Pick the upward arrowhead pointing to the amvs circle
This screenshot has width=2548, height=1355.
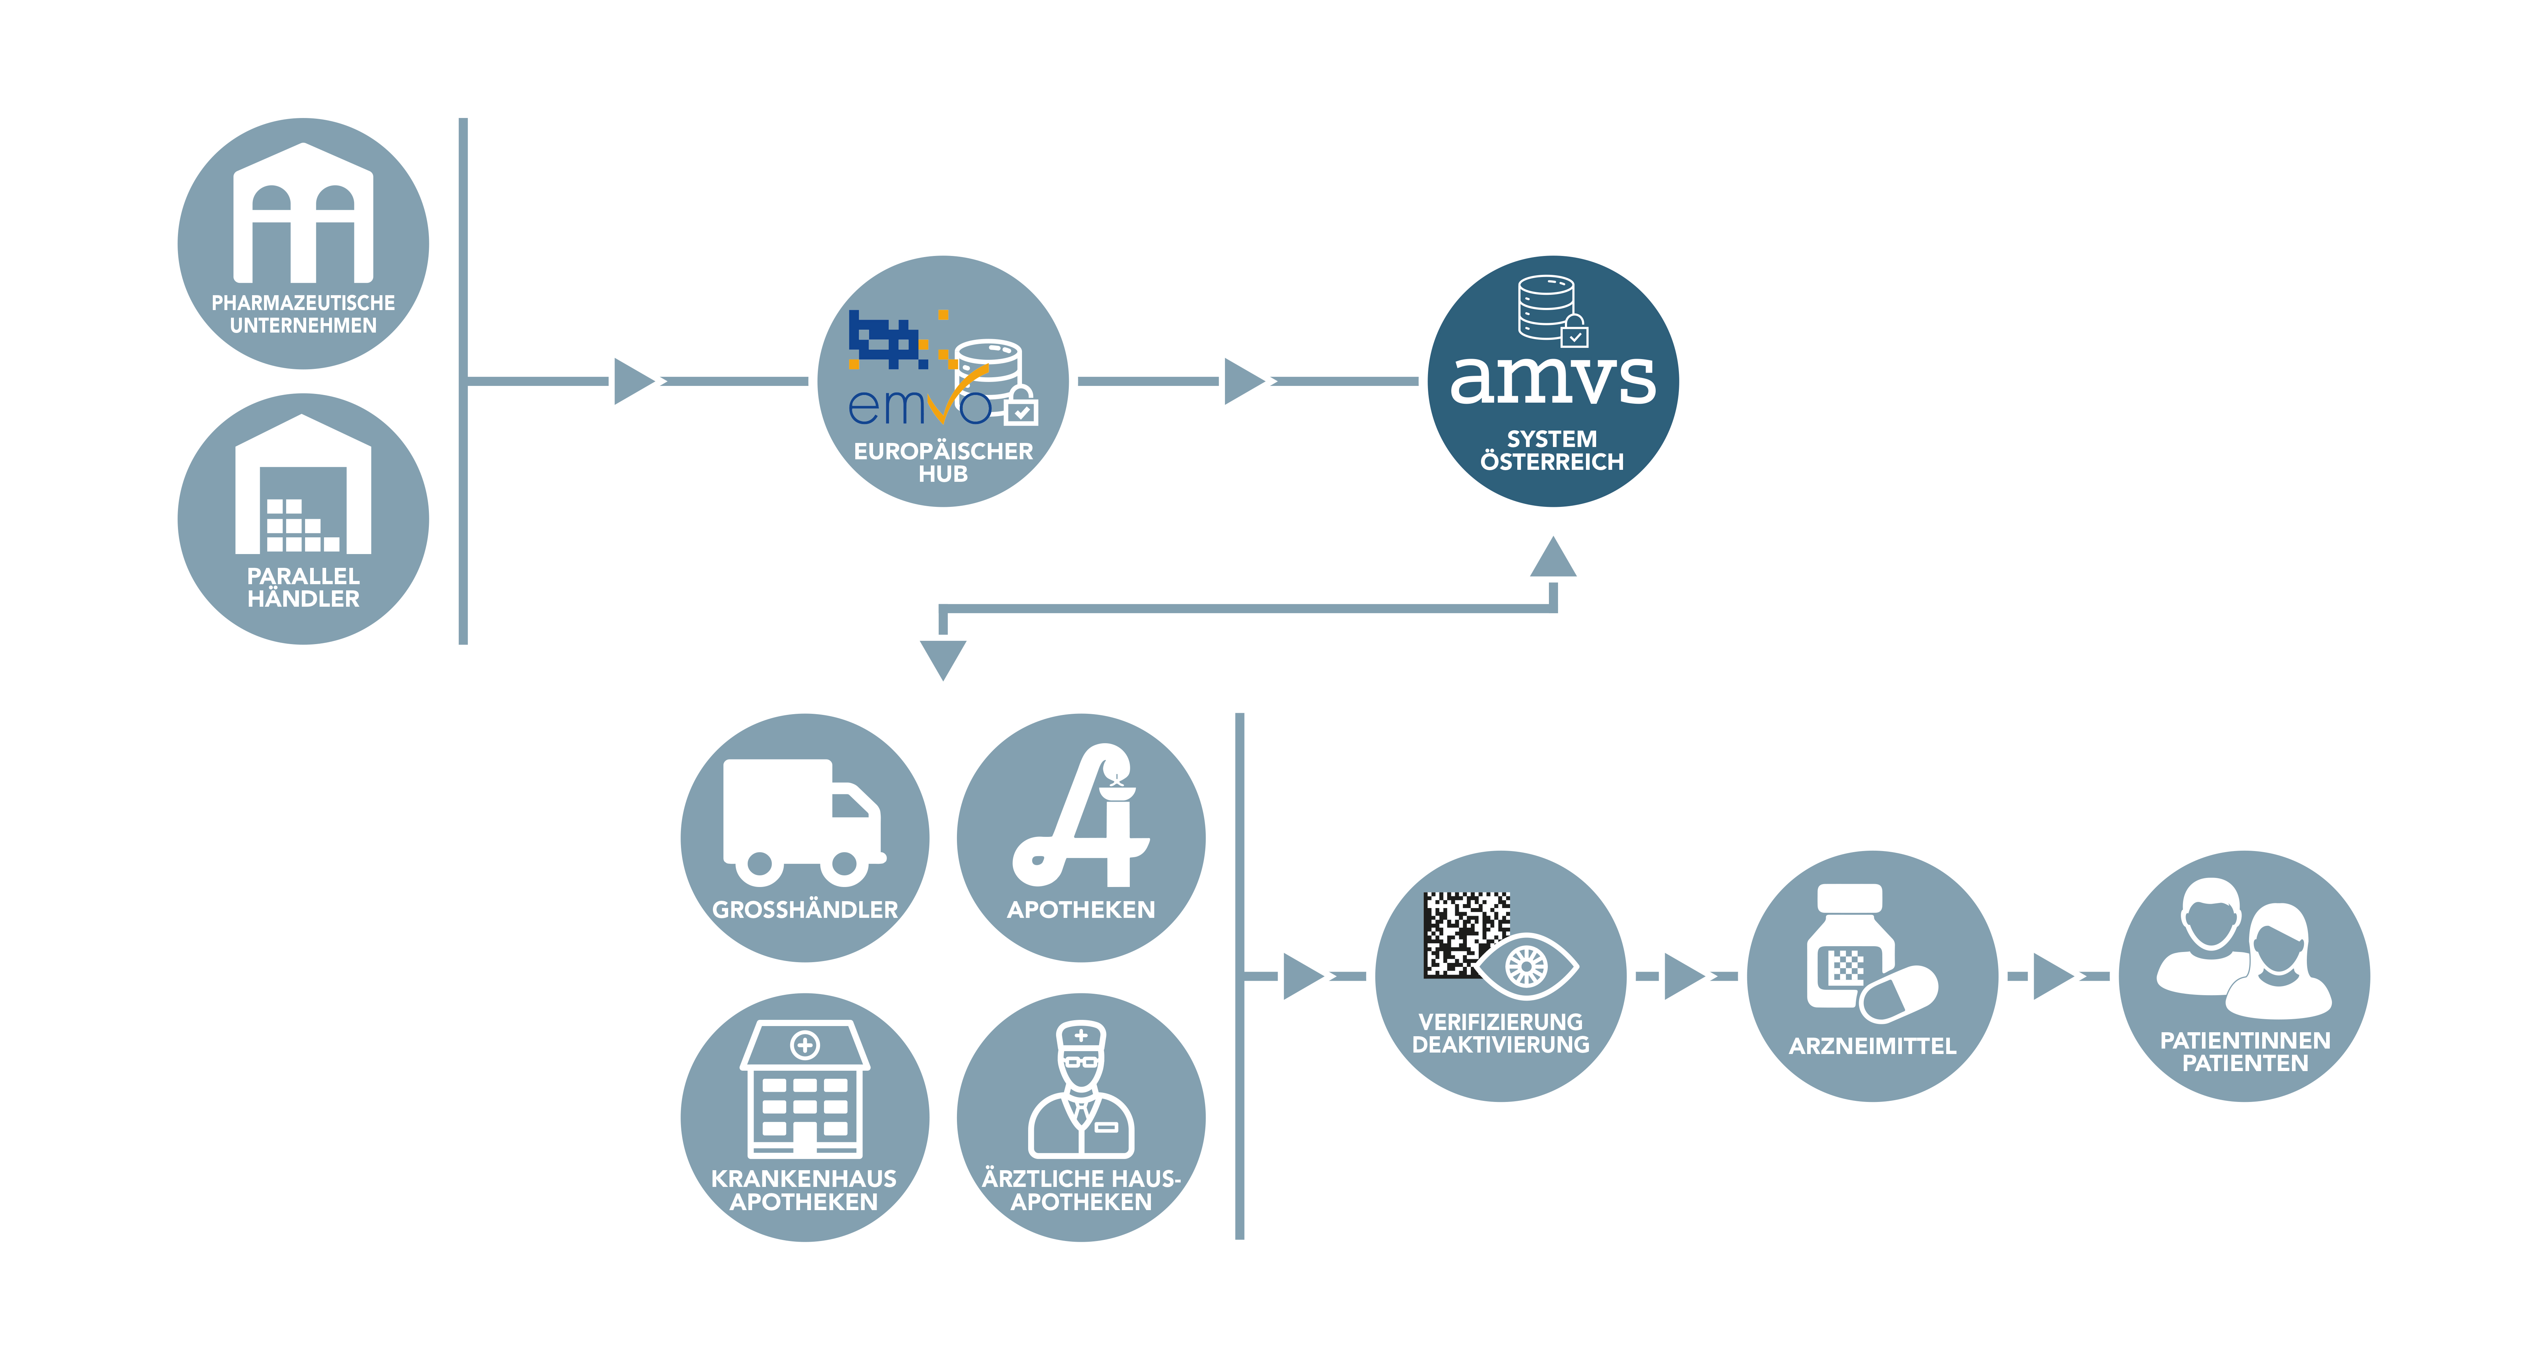point(1553,557)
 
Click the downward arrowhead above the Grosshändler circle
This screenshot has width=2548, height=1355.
point(943,660)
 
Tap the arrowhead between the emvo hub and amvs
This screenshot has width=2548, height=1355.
point(1244,381)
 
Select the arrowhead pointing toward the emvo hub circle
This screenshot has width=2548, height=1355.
point(634,381)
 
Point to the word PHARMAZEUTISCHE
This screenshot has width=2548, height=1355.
point(303,303)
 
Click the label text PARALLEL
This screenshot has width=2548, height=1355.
point(303,575)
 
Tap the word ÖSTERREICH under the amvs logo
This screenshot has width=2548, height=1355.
point(1552,462)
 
